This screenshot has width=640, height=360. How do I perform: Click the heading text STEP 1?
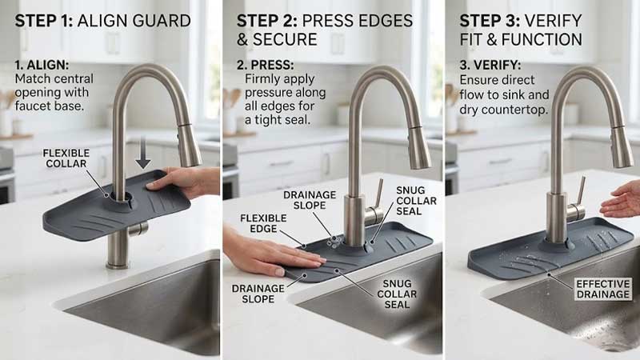point(44,21)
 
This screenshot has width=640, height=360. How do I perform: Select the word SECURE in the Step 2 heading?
point(285,39)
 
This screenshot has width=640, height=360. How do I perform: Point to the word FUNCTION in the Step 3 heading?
point(542,39)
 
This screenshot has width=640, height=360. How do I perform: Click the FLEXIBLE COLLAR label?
point(66,158)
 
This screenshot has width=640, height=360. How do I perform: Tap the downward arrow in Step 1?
point(143,153)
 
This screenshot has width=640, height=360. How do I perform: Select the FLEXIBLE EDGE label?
point(263,223)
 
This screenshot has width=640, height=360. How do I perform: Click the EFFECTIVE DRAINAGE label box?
point(603,289)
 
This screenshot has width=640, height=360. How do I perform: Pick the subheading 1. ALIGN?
point(42,65)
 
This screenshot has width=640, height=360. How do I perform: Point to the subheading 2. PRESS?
point(266,65)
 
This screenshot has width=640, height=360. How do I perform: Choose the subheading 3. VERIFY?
point(490,65)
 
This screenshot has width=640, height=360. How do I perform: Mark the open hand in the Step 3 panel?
point(621,199)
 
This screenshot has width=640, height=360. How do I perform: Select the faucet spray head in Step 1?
point(189,145)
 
